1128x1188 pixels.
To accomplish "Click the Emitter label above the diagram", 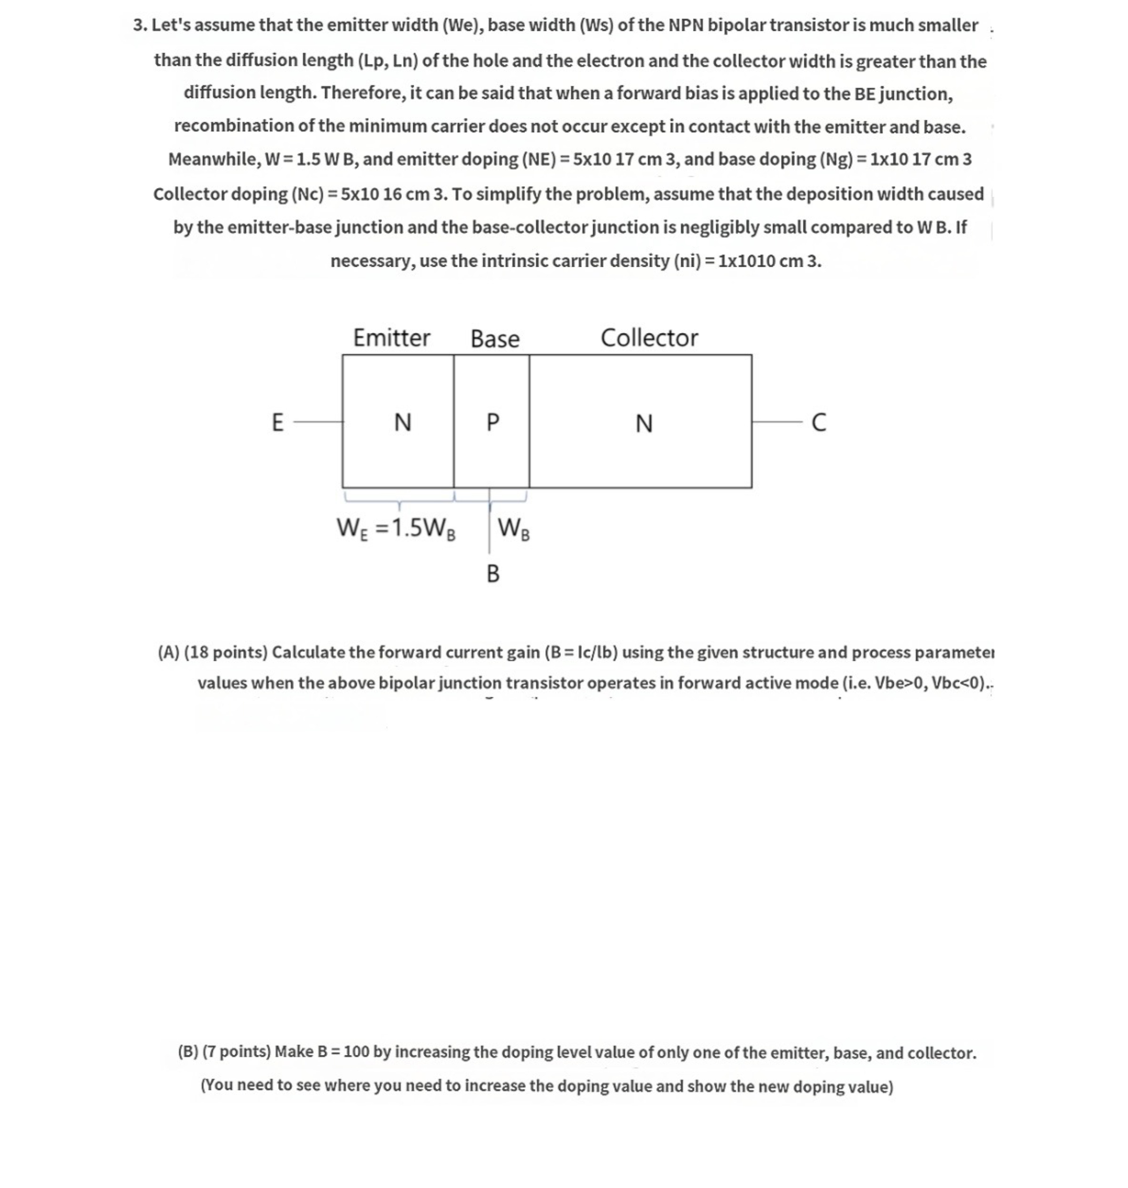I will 392,338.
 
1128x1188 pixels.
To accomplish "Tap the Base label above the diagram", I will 495,339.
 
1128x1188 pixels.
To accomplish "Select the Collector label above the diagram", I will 649,338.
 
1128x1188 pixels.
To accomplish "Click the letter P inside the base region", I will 492,422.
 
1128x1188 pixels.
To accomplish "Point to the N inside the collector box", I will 644,423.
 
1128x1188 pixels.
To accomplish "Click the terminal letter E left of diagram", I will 277,422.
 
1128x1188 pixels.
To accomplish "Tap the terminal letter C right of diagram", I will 818,422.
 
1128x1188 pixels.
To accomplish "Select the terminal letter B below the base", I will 492,574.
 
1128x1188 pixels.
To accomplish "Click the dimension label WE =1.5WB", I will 395,529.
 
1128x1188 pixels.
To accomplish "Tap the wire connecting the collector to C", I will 777,422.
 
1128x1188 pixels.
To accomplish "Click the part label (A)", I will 169,652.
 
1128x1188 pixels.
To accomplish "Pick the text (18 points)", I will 225,652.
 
